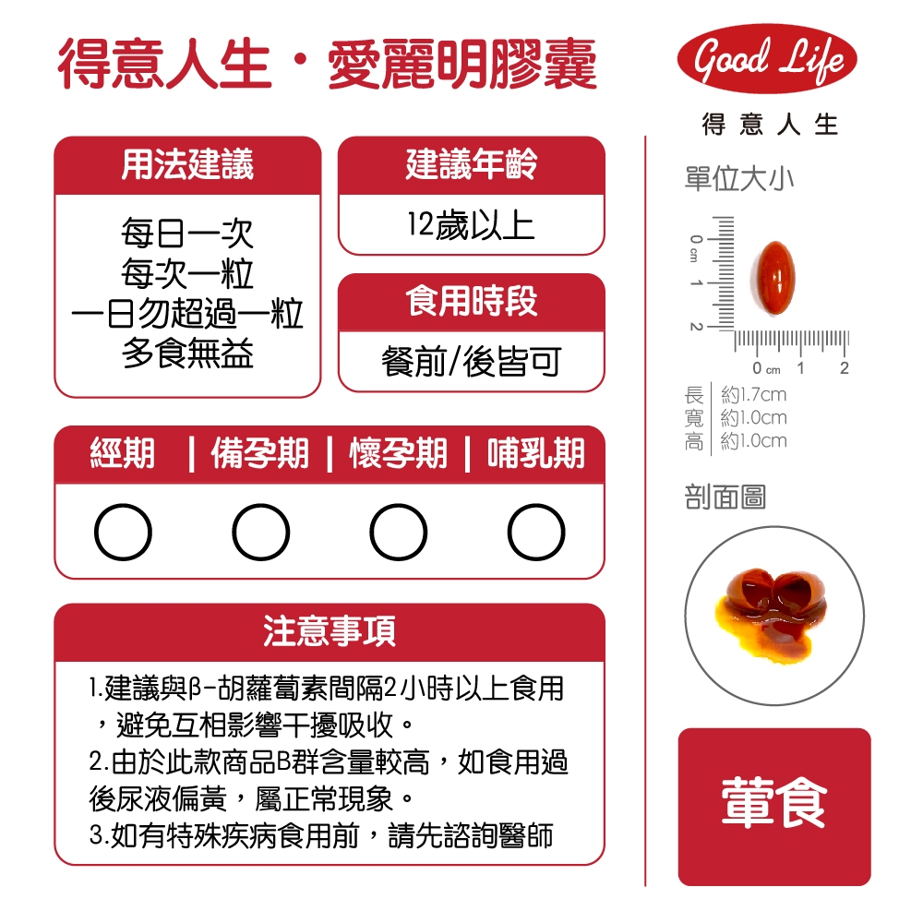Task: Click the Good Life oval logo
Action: tap(767, 59)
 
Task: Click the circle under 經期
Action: tap(123, 532)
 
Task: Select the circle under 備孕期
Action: tap(261, 532)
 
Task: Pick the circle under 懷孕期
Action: tap(399, 532)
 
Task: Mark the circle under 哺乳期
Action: tap(536, 532)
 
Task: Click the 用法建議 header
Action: tap(187, 164)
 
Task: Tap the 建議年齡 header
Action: tap(472, 164)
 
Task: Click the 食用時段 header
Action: tap(472, 302)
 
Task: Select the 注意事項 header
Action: tap(330, 631)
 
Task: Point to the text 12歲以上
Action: tap(471, 225)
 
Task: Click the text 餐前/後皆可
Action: tap(471, 362)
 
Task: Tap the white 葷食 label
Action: tap(774, 803)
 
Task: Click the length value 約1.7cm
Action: tap(754, 394)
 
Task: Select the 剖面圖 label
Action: tap(725, 497)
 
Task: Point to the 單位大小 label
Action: tap(739, 179)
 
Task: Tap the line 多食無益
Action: tap(187, 354)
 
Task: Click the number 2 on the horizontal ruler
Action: tap(845, 368)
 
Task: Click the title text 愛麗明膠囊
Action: tap(462, 65)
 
